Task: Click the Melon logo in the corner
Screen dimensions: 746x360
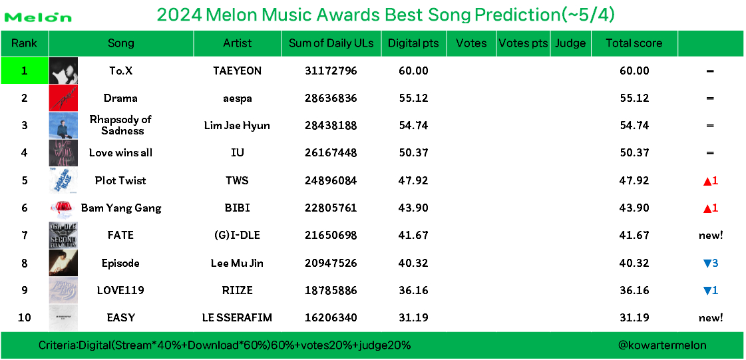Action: [x=37, y=17]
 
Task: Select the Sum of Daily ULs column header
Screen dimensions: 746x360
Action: [x=331, y=43]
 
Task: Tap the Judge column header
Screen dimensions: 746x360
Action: [x=570, y=43]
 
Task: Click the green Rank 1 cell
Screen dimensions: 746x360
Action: [x=24, y=71]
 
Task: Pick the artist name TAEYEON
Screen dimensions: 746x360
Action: [x=237, y=71]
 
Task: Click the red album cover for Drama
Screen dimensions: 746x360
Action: [x=63, y=98]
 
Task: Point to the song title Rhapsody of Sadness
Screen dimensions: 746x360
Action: [x=120, y=125]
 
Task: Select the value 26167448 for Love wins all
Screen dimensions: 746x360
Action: [x=331, y=153]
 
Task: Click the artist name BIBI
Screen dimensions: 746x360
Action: [x=237, y=208]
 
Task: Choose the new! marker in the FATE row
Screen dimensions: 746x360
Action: [x=711, y=235]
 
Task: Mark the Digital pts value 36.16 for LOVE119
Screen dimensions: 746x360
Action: [x=414, y=290]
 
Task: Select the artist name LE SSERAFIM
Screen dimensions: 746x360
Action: [x=237, y=317]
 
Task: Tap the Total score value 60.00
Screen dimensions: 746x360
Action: [x=634, y=71]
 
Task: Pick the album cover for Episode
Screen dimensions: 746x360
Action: [x=63, y=262]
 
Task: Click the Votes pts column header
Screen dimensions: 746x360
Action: [x=523, y=43]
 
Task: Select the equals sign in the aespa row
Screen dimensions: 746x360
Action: [x=710, y=98]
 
